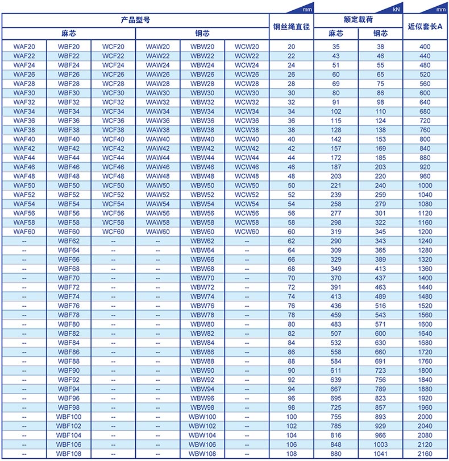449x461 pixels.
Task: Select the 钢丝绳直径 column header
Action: pyautogui.click(x=292, y=27)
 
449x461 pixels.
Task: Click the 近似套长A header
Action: pyautogui.click(x=425, y=27)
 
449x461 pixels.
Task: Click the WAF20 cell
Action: pyautogui.click(x=24, y=47)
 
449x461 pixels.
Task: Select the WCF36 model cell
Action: pyautogui.click(x=113, y=121)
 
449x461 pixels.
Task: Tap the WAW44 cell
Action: pyautogui.click(x=157, y=158)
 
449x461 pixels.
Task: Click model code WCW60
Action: pyautogui.click(x=247, y=232)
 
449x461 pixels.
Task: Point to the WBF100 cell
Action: pyautogui.click(x=68, y=417)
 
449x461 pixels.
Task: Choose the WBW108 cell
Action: pyautogui.click(x=202, y=454)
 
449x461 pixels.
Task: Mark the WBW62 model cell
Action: pyautogui.click(x=202, y=241)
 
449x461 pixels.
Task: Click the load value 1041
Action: pyautogui.click(x=380, y=454)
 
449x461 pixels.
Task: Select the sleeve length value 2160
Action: pyautogui.click(x=425, y=454)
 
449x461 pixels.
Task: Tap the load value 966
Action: pyautogui.click(x=380, y=435)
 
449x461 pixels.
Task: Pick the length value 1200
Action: pyautogui.click(x=425, y=232)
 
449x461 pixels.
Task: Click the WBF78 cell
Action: pyautogui.click(x=68, y=315)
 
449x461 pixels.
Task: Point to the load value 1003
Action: pyautogui.click(x=380, y=444)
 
